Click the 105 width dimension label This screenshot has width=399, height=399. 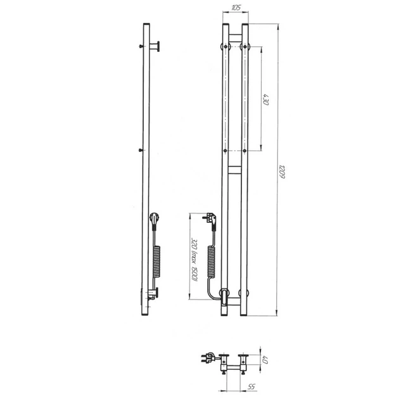pyautogui.click(x=236, y=8)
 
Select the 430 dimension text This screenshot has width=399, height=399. pyautogui.click(x=266, y=99)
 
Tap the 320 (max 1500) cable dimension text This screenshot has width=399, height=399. pyautogui.click(x=194, y=260)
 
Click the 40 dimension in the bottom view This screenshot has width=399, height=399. pyautogui.click(x=265, y=360)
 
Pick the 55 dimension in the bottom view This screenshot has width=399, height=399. pyautogui.click(x=251, y=387)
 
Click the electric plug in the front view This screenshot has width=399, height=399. pyautogui.click(x=210, y=220)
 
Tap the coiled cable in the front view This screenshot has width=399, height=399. pyautogui.click(x=211, y=262)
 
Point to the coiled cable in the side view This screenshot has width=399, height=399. pyautogui.click(x=156, y=262)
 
